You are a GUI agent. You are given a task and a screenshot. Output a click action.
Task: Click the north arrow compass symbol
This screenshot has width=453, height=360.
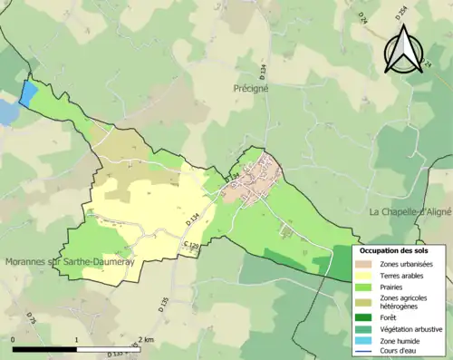401,50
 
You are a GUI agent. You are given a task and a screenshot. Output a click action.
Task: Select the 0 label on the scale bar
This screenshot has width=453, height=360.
14,339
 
